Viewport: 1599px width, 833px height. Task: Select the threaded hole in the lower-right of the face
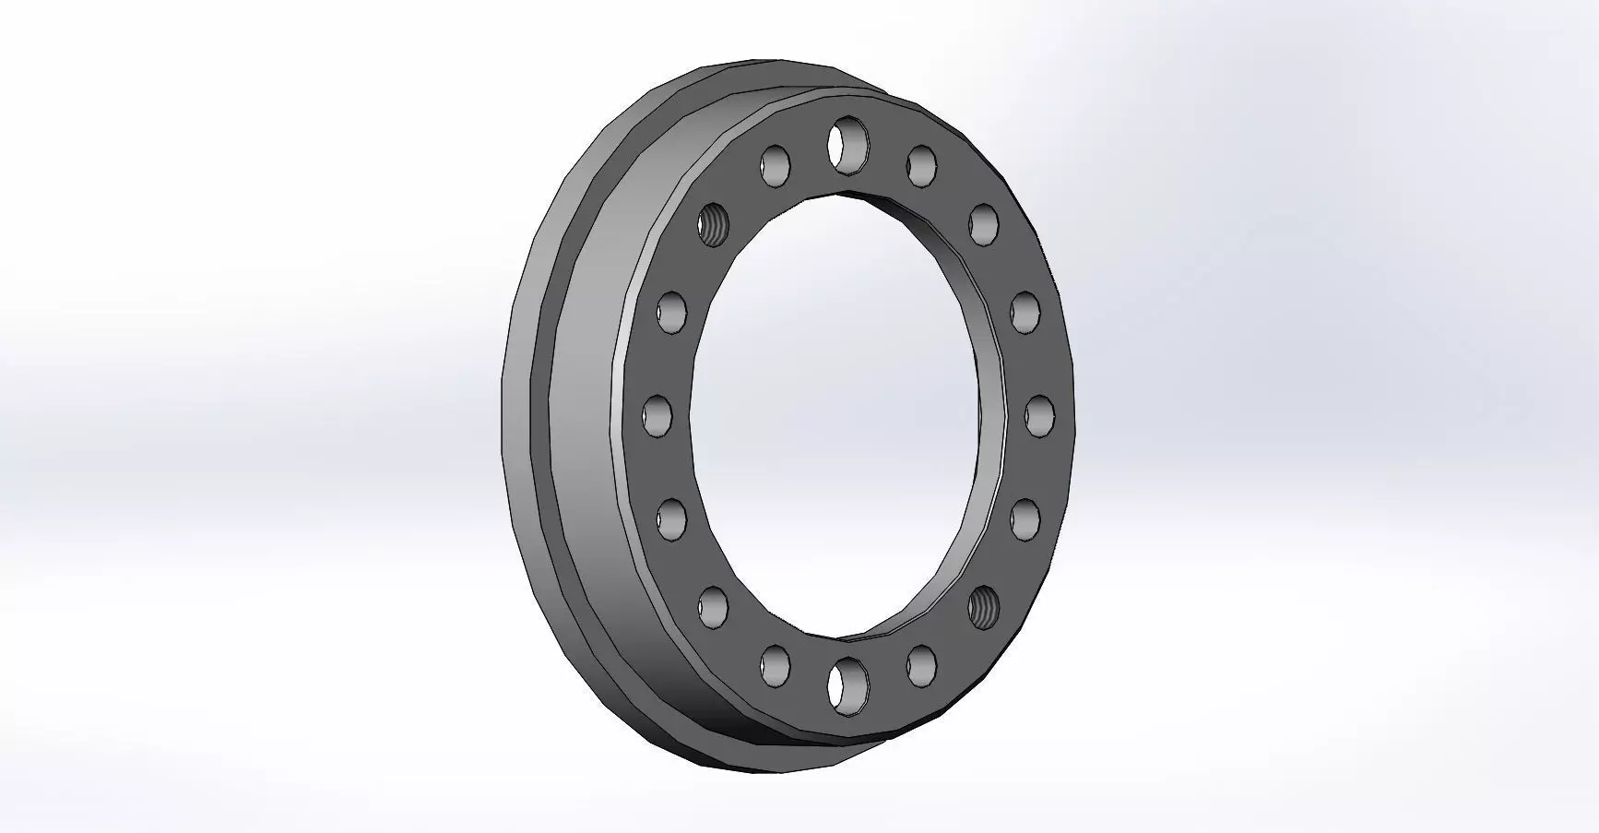[x=984, y=606]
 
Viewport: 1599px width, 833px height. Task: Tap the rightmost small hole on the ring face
[x=1039, y=415]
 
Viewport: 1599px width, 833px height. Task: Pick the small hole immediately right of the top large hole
[x=921, y=165]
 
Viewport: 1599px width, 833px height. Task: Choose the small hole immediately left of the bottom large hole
[x=776, y=664]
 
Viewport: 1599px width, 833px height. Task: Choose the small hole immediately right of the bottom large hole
[x=921, y=664]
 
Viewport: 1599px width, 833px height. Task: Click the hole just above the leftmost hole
[x=672, y=311]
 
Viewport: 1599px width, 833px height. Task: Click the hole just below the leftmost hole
[x=672, y=518]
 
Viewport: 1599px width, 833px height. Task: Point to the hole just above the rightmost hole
[x=1025, y=311]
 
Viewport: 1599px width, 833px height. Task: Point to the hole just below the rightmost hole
[x=1025, y=518]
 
